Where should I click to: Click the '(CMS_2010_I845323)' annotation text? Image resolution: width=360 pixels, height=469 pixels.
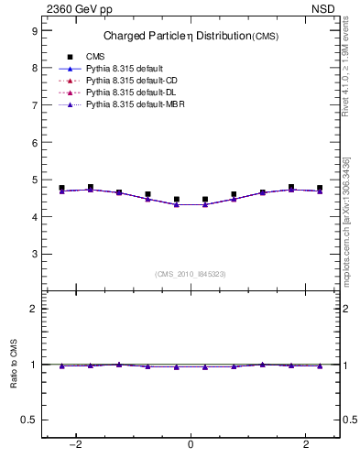coord(191,274)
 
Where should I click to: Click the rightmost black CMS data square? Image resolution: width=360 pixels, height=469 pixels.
coord(320,188)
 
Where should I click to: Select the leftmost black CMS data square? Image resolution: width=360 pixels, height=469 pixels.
coord(61,188)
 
